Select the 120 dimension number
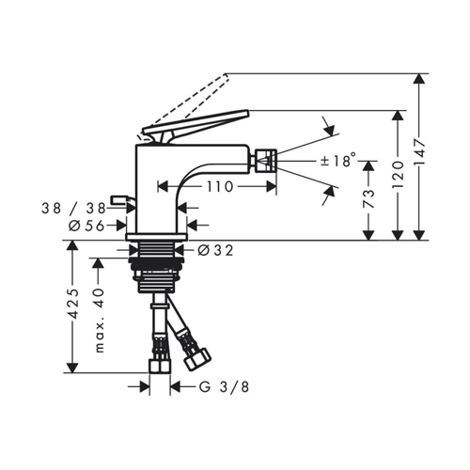398,175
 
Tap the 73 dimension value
368,198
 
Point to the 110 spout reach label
220,187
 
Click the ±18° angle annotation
338,161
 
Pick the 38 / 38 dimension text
73,208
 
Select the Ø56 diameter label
86,226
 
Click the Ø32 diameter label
215,250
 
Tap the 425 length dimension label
72,304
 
